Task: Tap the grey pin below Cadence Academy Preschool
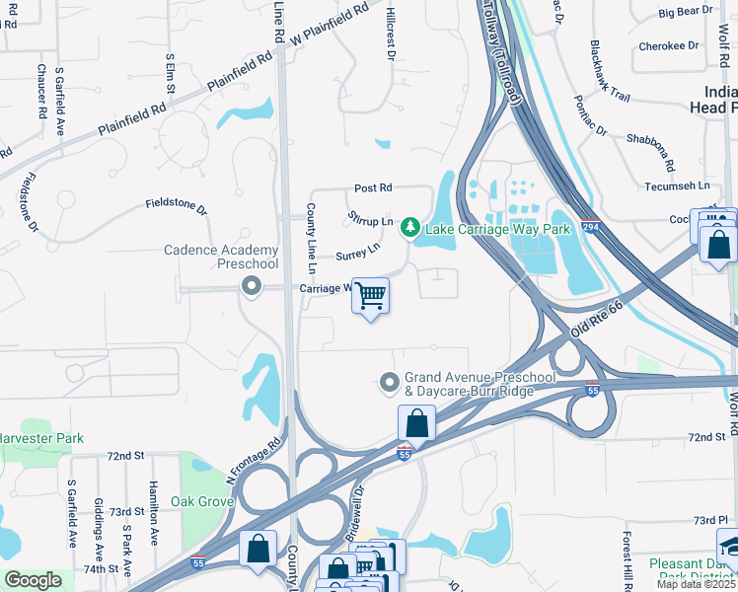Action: [x=251, y=286]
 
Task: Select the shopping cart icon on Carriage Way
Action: [x=371, y=295]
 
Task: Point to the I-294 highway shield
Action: [x=590, y=225]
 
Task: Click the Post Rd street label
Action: [x=373, y=187]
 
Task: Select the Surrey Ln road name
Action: [x=357, y=253]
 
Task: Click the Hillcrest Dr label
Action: [x=391, y=44]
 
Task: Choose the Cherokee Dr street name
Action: [x=661, y=45]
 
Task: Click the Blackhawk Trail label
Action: [x=609, y=72]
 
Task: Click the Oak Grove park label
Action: [x=201, y=501]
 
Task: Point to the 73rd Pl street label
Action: [x=709, y=520]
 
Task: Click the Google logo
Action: [x=33, y=580]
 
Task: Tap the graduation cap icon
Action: [x=727, y=545]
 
